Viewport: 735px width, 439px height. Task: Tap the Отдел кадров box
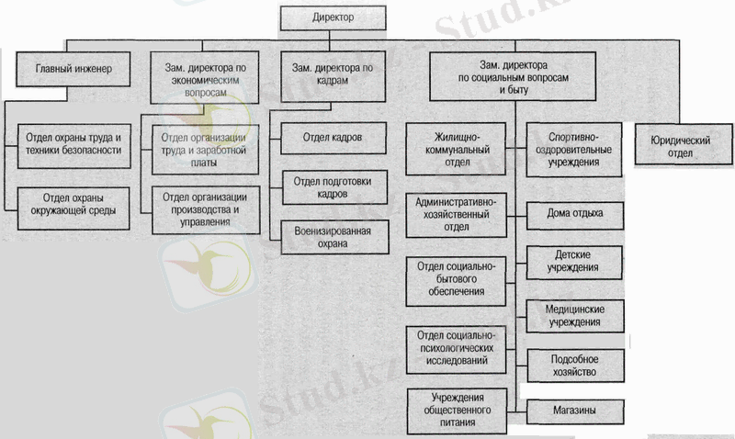(x=332, y=138)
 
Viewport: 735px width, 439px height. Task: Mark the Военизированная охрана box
(x=332, y=237)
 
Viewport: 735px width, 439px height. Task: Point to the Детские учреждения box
(x=575, y=262)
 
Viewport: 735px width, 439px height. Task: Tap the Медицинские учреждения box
(x=575, y=315)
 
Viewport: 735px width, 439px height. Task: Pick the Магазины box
(x=575, y=409)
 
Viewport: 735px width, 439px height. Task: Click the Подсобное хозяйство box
(x=575, y=365)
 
